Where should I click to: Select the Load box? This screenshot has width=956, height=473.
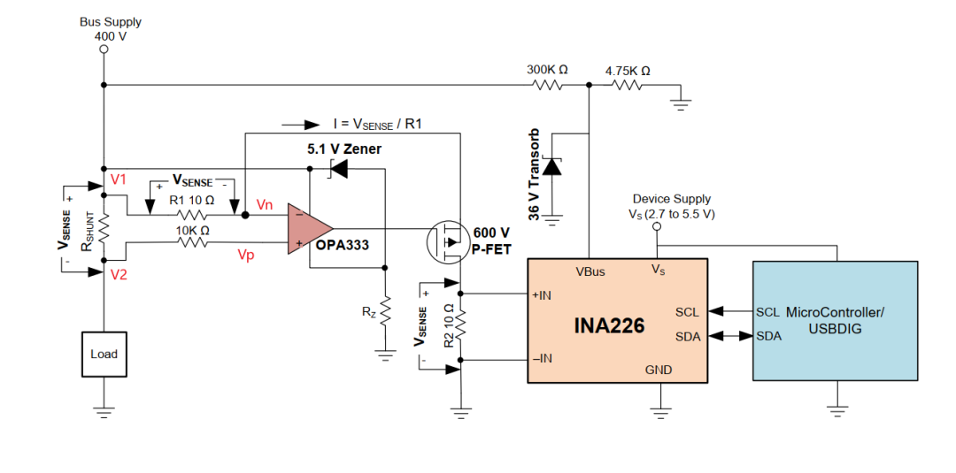[x=104, y=354]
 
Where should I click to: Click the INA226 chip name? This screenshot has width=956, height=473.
[x=609, y=325]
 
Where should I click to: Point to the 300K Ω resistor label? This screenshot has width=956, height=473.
[x=547, y=70]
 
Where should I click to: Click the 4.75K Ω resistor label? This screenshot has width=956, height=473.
[x=628, y=71]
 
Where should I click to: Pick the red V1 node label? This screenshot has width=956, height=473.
[x=119, y=179]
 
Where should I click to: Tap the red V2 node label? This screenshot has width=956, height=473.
[x=119, y=275]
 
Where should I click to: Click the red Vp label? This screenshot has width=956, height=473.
[x=246, y=256]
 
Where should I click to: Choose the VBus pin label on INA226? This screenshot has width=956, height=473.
[x=590, y=271]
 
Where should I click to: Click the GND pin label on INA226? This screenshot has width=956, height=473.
[x=659, y=370]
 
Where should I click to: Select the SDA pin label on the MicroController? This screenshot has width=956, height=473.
[x=769, y=336]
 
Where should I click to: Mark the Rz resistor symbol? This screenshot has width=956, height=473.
[x=385, y=314]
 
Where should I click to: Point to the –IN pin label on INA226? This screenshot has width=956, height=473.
[x=542, y=359]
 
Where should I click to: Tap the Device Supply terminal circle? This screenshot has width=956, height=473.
[x=657, y=226]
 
